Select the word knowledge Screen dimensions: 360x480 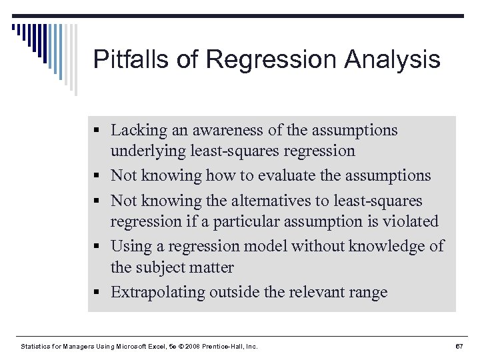point(383,246)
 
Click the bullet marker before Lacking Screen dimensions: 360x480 point(97,131)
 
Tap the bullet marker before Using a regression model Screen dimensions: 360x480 point(97,247)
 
